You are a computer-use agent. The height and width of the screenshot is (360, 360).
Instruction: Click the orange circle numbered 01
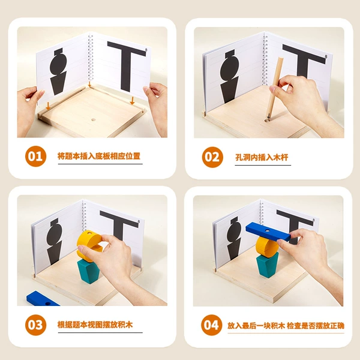pyautogui.click(x=35, y=157)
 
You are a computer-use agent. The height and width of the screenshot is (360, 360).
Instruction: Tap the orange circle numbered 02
pyautogui.click(x=212, y=157)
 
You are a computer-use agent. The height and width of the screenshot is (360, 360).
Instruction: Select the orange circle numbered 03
pyautogui.click(x=35, y=325)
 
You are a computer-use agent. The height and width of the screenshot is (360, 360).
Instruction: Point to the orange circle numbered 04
pyautogui.click(x=211, y=325)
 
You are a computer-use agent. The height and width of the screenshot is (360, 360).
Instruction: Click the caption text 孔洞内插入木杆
pyautogui.click(x=262, y=157)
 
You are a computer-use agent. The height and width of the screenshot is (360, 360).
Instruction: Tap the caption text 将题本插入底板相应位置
pyautogui.click(x=99, y=156)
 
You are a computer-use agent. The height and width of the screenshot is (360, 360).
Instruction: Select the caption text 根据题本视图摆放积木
pyautogui.click(x=95, y=325)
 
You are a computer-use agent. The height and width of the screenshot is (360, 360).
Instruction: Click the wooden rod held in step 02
pyautogui.click(x=275, y=87)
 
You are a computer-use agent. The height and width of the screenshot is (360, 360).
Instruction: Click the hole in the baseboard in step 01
pyautogui.click(x=93, y=119)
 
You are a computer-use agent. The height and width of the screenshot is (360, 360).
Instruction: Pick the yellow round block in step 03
pyautogui.click(x=89, y=245)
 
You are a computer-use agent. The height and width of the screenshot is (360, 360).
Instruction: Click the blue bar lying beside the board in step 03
pyautogui.click(x=42, y=299)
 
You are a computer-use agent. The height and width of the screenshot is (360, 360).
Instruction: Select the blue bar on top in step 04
pyautogui.click(x=268, y=232)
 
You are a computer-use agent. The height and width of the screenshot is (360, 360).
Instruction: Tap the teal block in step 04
pyautogui.click(x=268, y=265)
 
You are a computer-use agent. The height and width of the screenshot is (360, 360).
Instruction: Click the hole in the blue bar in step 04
pyautogui.click(x=267, y=230)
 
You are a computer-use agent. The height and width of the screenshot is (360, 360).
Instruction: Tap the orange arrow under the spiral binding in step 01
pyautogui.click(x=90, y=84)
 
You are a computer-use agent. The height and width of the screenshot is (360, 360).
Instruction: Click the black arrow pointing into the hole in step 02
pyautogui.click(x=268, y=116)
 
